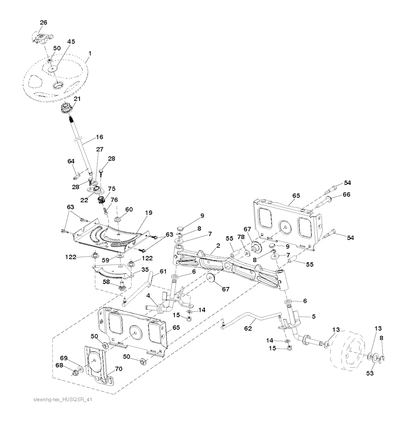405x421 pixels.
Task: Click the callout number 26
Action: pos(43,23)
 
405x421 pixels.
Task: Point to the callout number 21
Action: pos(77,99)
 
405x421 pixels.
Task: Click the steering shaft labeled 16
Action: pos(83,150)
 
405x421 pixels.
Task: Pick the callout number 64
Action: pos(70,161)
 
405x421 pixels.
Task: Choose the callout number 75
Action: pos(112,189)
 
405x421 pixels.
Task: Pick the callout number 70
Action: pos(119,369)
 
